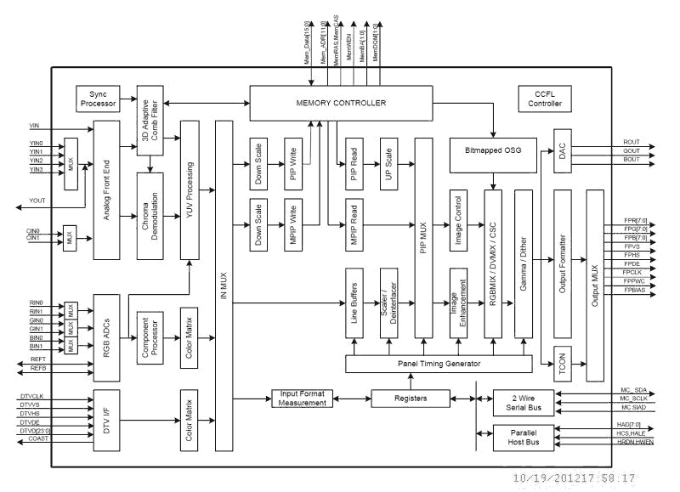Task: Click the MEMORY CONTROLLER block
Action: tap(343, 103)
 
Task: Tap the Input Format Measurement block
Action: tap(302, 399)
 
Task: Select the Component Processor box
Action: tap(153, 337)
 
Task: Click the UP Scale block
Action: tap(390, 162)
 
